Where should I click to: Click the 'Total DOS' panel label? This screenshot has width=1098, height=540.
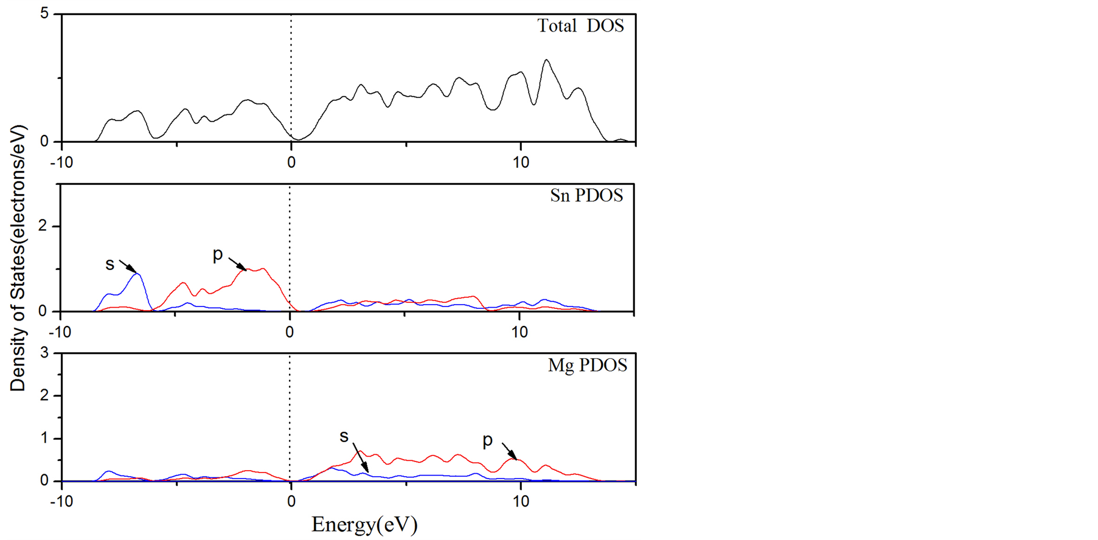[x=580, y=26]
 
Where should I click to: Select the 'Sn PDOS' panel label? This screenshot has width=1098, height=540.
[x=586, y=195]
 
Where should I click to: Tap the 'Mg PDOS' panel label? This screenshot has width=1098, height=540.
[x=587, y=365]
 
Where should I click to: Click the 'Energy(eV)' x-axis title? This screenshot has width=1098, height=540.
[x=364, y=524]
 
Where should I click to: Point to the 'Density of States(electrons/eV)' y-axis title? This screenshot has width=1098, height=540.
[x=18, y=258]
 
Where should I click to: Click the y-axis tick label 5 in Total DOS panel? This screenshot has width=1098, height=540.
[x=44, y=13]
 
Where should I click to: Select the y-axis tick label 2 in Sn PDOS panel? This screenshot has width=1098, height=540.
[x=42, y=226]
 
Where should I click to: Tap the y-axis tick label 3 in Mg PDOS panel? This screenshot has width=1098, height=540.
[x=44, y=353]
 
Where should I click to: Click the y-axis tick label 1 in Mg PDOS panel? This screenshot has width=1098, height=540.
[x=44, y=438]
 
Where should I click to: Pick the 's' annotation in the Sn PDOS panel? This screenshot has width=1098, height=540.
[x=109, y=264]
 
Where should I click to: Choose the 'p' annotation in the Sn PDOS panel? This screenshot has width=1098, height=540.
[x=218, y=254]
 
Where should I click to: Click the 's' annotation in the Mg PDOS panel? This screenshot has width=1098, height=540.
[x=344, y=436]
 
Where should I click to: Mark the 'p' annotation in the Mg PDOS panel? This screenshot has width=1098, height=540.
[x=487, y=440]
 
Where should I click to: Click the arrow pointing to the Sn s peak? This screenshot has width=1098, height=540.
[x=127, y=266]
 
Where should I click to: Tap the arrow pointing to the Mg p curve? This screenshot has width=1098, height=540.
[x=509, y=451]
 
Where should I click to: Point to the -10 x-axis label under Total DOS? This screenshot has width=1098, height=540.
[x=61, y=162]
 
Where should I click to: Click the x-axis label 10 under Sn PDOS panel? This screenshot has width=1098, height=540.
[x=519, y=332]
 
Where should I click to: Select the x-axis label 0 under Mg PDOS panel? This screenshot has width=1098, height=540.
[x=291, y=502]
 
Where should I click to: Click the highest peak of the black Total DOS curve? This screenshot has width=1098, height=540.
[x=546, y=60]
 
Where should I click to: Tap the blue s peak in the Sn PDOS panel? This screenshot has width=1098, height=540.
[x=138, y=274]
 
